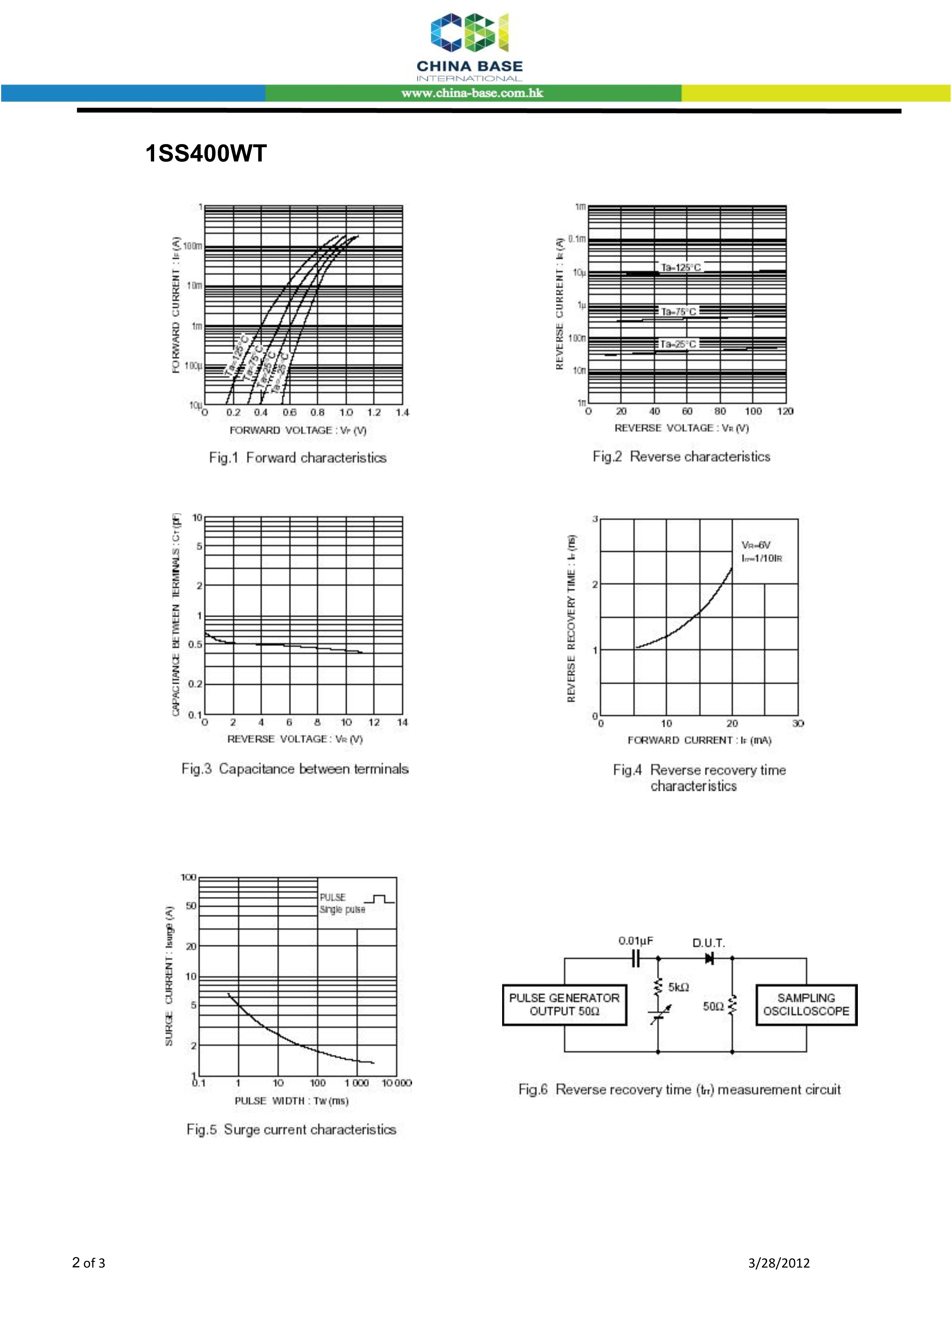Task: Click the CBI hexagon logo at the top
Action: tap(470, 33)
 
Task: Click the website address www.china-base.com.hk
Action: tap(472, 93)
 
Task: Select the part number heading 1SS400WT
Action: tap(205, 153)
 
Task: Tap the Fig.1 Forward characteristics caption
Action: tap(297, 458)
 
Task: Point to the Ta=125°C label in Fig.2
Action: tap(680, 267)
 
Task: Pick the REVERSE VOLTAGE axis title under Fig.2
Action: tap(681, 428)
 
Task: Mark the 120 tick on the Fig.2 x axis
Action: tap(785, 411)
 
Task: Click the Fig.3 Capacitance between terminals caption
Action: tap(294, 769)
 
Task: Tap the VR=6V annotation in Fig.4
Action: tap(756, 545)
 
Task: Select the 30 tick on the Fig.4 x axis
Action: tap(798, 723)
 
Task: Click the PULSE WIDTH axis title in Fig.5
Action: tap(291, 1100)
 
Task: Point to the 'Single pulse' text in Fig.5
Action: tap(342, 909)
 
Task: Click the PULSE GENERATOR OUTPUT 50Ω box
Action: tap(564, 1005)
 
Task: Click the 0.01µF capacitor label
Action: tap(636, 941)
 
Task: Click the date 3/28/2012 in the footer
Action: tap(779, 1263)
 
